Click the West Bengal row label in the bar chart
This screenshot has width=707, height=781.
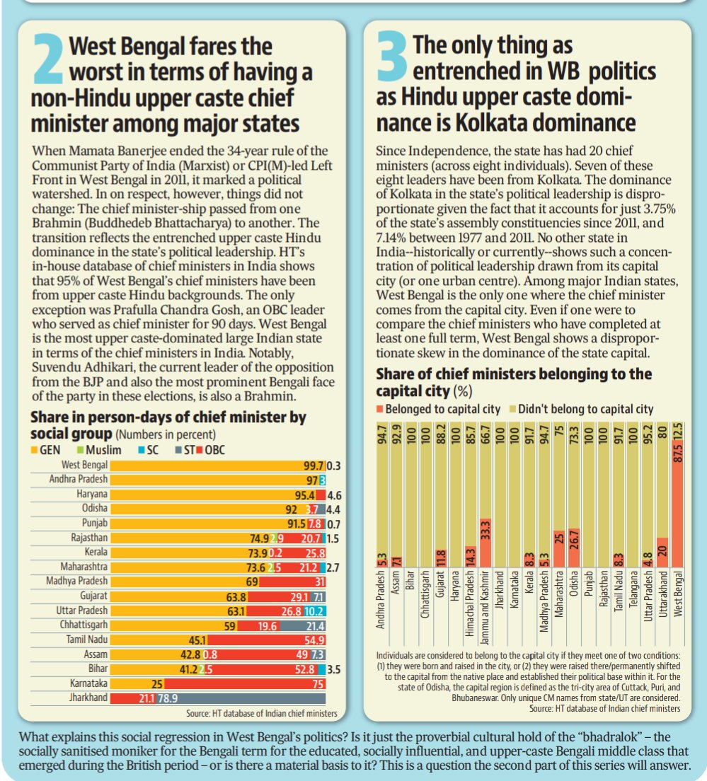pyautogui.click(x=85, y=465)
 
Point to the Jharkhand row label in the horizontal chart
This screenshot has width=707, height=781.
pyautogui.click(x=90, y=698)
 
